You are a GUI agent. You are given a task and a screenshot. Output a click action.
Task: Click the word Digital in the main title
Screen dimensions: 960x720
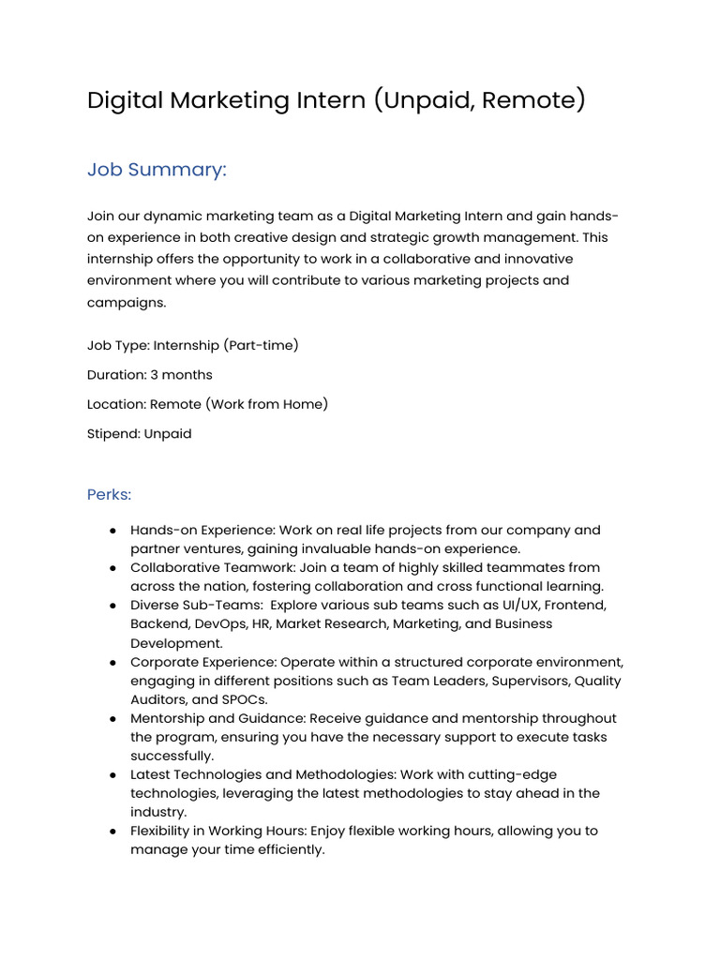[x=125, y=100]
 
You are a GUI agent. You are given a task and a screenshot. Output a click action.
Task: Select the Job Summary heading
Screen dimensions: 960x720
[x=157, y=170]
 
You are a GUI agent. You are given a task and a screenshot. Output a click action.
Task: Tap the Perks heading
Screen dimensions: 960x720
[x=109, y=494]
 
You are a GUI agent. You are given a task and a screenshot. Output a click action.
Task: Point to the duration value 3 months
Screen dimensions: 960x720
[x=181, y=375]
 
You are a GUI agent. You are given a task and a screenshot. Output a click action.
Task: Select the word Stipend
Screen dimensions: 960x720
[x=113, y=434]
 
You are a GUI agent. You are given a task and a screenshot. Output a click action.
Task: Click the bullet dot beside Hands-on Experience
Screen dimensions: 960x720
[x=112, y=531]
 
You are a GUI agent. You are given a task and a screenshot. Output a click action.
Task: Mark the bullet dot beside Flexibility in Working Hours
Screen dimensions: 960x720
[x=112, y=832]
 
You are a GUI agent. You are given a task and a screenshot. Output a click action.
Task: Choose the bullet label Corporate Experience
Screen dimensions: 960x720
[x=203, y=662]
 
